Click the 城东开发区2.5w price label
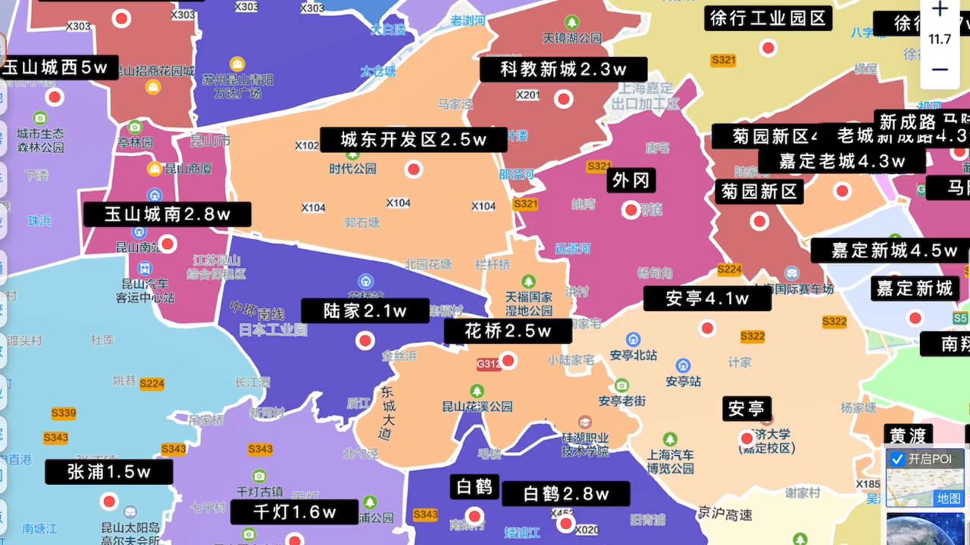point(413,140)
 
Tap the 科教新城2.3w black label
point(563,70)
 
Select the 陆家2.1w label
point(365,311)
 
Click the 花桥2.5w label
point(508,331)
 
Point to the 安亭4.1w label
point(706,298)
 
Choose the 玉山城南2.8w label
point(167,214)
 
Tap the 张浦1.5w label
point(109,472)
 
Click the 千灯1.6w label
point(294,512)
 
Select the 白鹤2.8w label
point(565,494)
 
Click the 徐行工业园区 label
point(768,18)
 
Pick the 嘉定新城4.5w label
point(894,251)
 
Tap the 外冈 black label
point(630,180)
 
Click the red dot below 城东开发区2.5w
point(414,170)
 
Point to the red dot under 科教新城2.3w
point(563,99)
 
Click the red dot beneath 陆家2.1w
point(365,341)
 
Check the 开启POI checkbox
point(897,459)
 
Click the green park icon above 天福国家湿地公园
point(528,281)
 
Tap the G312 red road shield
point(489,364)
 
